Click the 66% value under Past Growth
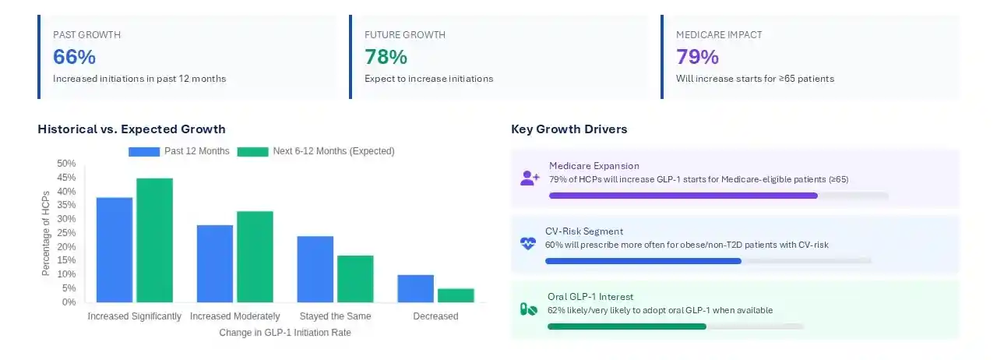pos(74,57)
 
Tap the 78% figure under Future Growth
pos(386,57)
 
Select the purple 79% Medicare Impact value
pos(697,57)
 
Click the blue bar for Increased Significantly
pos(114,249)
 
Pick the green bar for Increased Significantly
pos(154,240)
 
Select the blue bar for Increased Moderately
pos(215,263)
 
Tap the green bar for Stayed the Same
pos(355,278)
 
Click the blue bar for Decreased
pos(415,288)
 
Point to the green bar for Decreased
pos(456,295)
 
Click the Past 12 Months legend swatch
pos(144,151)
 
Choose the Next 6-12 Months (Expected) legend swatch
pos(252,151)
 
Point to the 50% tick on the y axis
pos(66,164)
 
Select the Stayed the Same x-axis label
pos(335,316)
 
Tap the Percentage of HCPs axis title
pos(46,233)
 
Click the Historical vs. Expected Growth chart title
pos(132,129)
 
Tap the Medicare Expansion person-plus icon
pos(530,178)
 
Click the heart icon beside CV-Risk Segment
pos(528,243)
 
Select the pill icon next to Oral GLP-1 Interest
pos(528,309)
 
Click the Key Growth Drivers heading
pos(569,129)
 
